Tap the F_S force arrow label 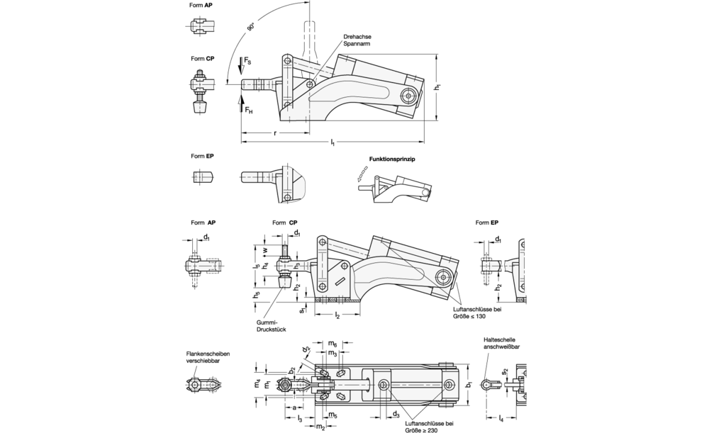pyautogui.click(x=247, y=60)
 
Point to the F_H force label pyautogui.click(x=249, y=110)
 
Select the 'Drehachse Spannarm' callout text pyautogui.click(x=357, y=40)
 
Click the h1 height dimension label pyautogui.click(x=437, y=86)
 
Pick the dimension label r pyautogui.click(x=275, y=134)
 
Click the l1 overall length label pyautogui.click(x=333, y=143)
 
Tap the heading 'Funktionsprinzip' pyautogui.click(x=392, y=159)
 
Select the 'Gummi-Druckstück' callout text pyautogui.click(x=271, y=326)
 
